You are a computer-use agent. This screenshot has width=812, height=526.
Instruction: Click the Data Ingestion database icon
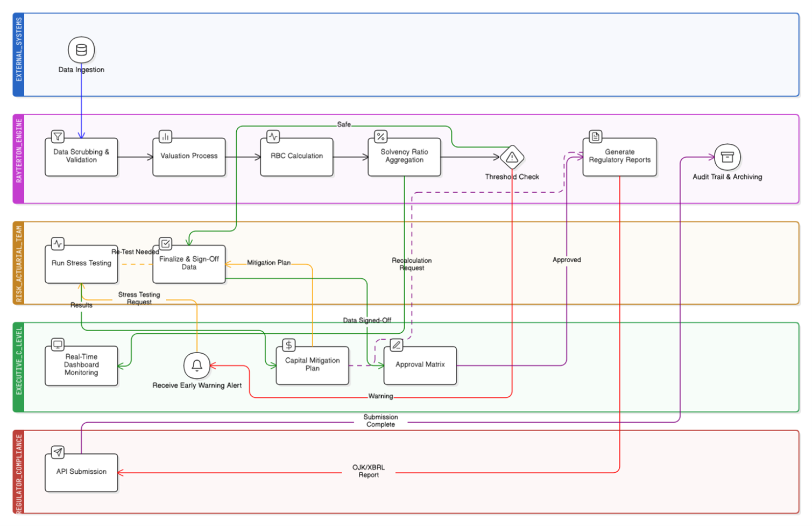pyautogui.click(x=81, y=50)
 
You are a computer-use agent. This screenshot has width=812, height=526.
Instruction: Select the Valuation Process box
pyautogui.click(x=189, y=157)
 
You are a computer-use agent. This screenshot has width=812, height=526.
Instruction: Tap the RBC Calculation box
pyautogui.click(x=296, y=157)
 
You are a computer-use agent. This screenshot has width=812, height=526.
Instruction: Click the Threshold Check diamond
pyautogui.click(x=512, y=157)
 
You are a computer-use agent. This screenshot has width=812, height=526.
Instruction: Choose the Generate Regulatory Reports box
pyautogui.click(x=619, y=157)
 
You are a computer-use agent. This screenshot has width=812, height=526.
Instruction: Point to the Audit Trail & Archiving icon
pyautogui.click(x=727, y=157)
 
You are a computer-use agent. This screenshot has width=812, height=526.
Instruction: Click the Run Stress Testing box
pyautogui.click(x=81, y=264)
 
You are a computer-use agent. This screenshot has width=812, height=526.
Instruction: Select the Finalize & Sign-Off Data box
pyautogui.click(x=189, y=264)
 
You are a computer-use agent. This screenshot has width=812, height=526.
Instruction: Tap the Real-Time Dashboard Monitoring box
pyautogui.click(x=81, y=365)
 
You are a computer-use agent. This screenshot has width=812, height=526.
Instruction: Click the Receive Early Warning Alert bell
pyautogui.click(x=197, y=366)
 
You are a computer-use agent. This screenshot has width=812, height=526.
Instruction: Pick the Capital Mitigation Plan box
pyautogui.click(x=312, y=365)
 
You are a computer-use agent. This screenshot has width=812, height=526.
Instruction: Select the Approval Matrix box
pyautogui.click(x=420, y=365)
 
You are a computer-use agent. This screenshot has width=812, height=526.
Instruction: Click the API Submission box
pyautogui.click(x=81, y=472)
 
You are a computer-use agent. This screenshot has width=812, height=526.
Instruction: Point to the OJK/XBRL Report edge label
pyautogui.click(x=369, y=471)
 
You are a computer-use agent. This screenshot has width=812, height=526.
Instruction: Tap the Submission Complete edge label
pyautogui.click(x=380, y=420)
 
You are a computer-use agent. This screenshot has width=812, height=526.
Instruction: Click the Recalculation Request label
pyautogui.click(x=412, y=264)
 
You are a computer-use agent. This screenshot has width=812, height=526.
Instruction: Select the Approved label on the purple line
pyautogui.click(x=567, y=260)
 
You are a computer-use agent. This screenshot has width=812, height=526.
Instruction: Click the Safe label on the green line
pyautogui.click(x=344, y=124)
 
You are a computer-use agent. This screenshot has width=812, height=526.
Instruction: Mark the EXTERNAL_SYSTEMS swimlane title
pyautogui.click(x=19, y=50)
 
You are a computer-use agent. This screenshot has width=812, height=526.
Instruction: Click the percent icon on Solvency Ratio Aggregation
pyautogui.click(x=380, y=137)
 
